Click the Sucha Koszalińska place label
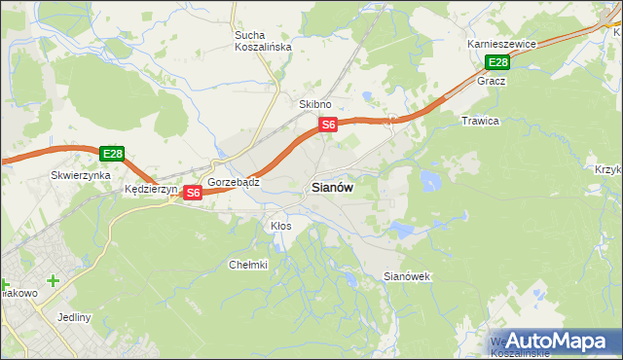257,41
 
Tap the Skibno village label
315,104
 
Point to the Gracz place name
491,81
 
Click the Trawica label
480,121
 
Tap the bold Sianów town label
332,188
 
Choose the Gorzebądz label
233,182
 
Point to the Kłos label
280,226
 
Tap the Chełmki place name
247,265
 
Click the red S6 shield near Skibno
329,125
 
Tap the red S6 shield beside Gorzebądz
193,193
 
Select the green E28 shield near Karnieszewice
497,63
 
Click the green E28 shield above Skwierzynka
112,154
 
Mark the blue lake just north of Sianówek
401,231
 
